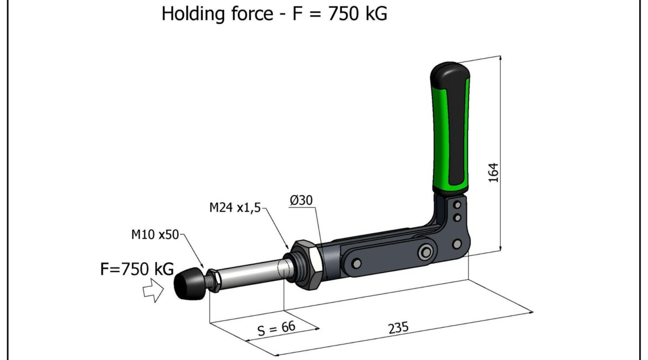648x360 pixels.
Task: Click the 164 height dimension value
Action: point(493,173)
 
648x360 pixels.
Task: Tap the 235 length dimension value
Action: point(398,328)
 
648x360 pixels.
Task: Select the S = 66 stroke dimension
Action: point(276,328)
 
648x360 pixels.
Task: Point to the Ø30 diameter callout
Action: point(301,200)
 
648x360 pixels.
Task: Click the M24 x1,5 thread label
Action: point(235,207)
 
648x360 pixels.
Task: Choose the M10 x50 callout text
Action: point(155,234)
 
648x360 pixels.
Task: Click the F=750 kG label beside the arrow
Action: point(137,269)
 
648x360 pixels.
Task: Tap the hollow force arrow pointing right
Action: point(153,290)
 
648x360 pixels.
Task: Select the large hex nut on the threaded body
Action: point(306,264)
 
